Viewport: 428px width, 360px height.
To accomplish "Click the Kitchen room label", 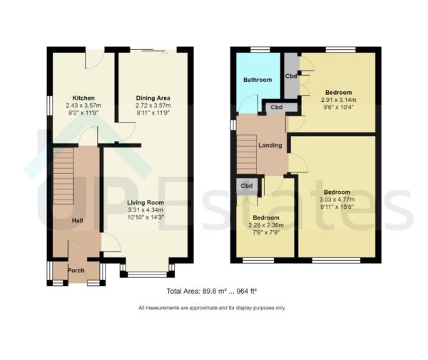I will coord(83,98).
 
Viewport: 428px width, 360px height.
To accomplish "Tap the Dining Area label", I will coord(153,98).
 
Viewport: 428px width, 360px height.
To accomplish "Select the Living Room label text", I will coord(146,202).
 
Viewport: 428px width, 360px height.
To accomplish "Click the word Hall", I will coord(78,220).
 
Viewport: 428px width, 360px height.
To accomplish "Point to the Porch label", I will coord(76,271).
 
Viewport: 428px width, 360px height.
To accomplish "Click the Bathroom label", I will coord(258,80).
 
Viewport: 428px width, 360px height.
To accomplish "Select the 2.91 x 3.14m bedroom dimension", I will coord(338,101).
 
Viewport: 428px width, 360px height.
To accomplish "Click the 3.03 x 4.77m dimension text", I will coord(337,200).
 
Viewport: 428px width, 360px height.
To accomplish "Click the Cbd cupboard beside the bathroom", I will coord(291,76).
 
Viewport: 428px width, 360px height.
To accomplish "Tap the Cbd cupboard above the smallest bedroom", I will coord(247,186).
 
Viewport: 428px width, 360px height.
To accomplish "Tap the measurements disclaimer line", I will coord(211,308).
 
